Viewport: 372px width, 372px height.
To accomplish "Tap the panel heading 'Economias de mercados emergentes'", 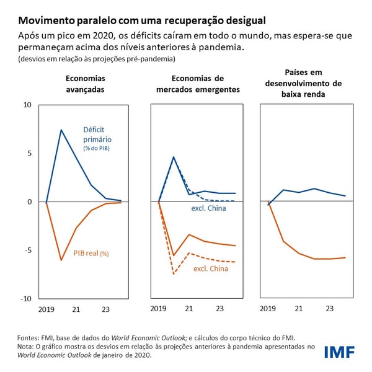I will click(x=198, y=84).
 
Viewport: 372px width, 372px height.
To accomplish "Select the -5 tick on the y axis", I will click(x=27, y=250).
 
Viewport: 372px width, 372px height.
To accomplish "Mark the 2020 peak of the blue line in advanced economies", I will click(x=61, y=130).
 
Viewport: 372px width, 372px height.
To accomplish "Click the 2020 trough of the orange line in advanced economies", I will click(x=61, y=260).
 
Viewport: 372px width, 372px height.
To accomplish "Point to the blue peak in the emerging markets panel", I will click(x=174, y=157).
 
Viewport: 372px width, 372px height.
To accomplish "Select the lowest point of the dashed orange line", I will click(x=174, y=273).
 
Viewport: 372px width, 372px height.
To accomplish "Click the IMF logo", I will click(x=339, y=353).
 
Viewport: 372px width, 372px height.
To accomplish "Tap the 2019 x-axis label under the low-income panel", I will click(x=268, y=308).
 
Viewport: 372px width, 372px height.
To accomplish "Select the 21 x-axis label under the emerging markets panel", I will click(x=189, y=308).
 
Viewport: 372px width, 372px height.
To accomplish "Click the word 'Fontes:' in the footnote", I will click(x=29, y=338).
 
